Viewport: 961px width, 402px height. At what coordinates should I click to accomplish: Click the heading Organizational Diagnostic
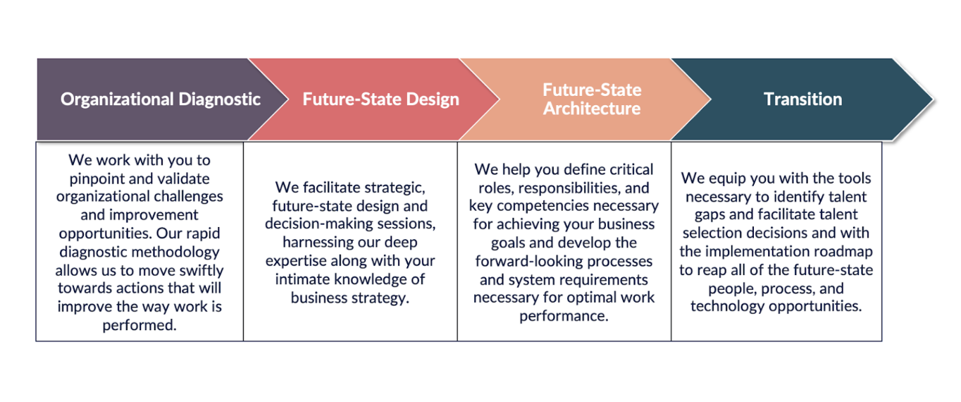[161, 99]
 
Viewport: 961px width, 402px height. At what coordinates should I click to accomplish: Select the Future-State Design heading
[381, 99]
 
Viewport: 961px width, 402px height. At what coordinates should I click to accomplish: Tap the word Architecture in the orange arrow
[592, 109]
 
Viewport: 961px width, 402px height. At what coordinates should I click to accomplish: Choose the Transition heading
[802, 99]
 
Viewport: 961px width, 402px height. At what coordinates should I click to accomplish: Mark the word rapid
[201, 233]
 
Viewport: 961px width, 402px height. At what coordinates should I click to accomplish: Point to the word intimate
[302, 279]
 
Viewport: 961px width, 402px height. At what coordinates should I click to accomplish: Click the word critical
[631, 169]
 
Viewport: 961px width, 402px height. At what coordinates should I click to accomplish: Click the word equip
[728, 178]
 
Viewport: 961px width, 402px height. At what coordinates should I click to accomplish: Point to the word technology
[728, 307]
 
